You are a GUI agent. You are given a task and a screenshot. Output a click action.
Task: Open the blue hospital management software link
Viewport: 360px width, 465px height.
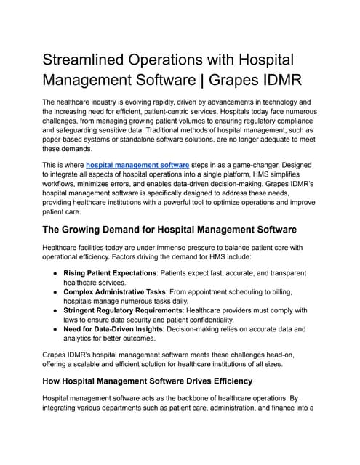[137, 165]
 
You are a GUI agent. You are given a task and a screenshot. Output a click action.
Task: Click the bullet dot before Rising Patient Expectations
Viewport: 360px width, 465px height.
[55, 272]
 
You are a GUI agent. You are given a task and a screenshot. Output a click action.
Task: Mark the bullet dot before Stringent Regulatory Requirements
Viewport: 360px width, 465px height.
[55, 310]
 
